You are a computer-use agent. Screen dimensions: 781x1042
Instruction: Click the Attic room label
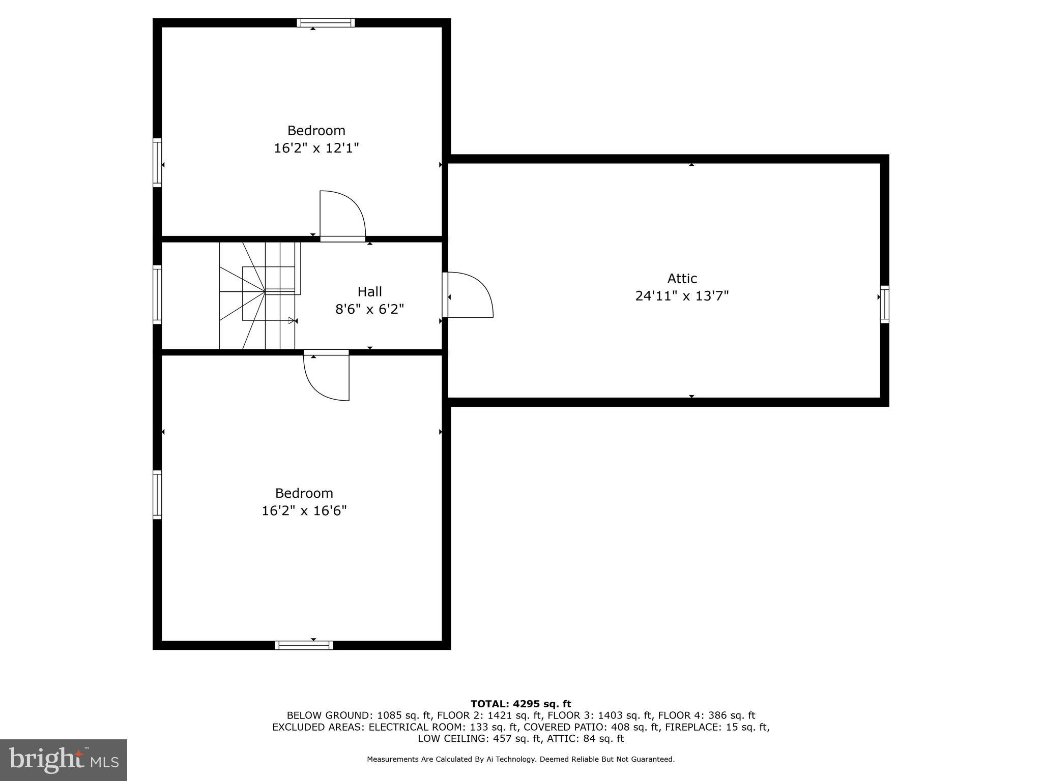point(682,279)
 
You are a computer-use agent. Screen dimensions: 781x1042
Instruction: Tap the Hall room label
point(369,292)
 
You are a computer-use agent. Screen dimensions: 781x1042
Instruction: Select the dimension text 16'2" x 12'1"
point(316,148)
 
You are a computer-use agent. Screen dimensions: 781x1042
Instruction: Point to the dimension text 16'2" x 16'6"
point(304,510)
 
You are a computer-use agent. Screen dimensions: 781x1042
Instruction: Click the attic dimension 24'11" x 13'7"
point(682,296)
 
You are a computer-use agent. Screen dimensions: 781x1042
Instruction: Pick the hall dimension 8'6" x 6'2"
point(369,309)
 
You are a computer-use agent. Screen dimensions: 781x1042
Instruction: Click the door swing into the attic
point(469,295)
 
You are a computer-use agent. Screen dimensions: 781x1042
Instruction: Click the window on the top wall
point(326,22)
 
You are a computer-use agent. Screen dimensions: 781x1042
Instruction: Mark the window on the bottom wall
point(304,645)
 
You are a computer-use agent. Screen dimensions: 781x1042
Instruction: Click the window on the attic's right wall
point(885,305)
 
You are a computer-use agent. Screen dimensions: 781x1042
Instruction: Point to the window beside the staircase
point(157,294)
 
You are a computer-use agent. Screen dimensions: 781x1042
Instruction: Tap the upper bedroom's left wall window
point(157,163)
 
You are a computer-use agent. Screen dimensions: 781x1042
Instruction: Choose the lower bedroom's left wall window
point(157,495)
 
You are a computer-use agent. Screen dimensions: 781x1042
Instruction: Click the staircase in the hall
point(259,295)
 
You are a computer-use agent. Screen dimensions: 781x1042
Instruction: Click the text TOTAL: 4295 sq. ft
point(520,704)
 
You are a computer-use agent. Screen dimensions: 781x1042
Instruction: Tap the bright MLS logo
point(64,760)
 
